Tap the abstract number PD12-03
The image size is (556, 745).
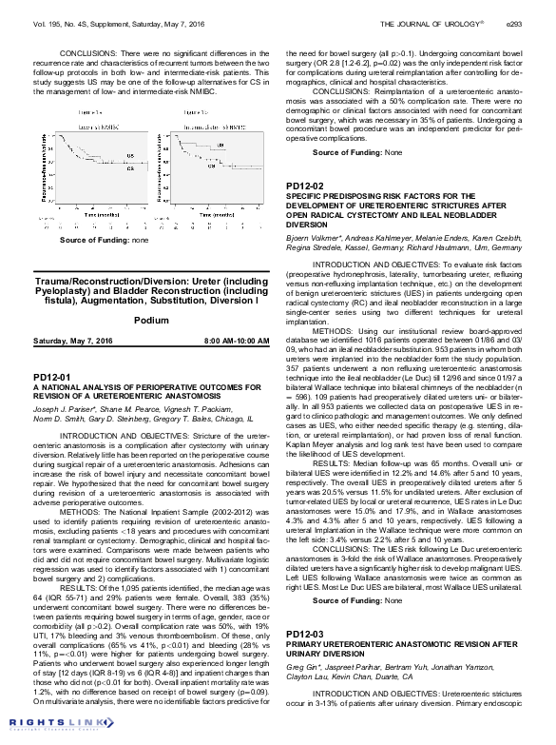[x=304, y=658]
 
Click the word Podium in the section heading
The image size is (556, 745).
[x=151, y=321]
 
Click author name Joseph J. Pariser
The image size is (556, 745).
[x=58, y=407]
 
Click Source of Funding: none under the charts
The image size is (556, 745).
[x=91, y=240]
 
